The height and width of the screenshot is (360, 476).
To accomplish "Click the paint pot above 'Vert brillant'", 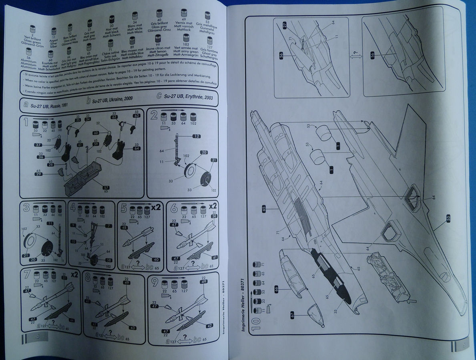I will (33, 29).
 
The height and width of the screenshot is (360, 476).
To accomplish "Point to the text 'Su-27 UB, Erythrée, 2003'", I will (185, 96).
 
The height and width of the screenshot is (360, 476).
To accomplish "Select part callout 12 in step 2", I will (196, 136).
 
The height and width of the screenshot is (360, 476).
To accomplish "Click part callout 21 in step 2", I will (213, 160).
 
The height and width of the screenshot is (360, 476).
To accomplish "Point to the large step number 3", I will (26, 208).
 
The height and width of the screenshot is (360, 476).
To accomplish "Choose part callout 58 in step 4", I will (108, 260).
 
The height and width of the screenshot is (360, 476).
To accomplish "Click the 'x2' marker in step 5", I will (156, 207).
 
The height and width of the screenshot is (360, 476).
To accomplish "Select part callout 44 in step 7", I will (72, 320).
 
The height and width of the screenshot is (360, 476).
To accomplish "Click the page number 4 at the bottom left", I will (37, 337).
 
